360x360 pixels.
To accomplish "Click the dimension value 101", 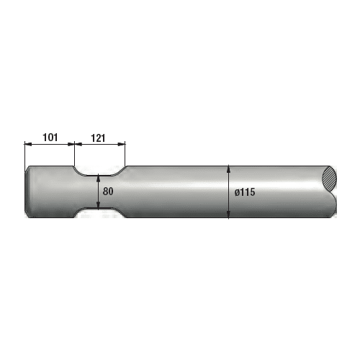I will click(50, 135).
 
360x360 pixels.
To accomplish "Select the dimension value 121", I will click(100, 135).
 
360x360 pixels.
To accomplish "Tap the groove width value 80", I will click(109, 192).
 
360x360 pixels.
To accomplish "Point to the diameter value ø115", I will click(246, 192).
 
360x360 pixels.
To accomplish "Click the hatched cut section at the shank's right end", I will click(330, 179).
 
